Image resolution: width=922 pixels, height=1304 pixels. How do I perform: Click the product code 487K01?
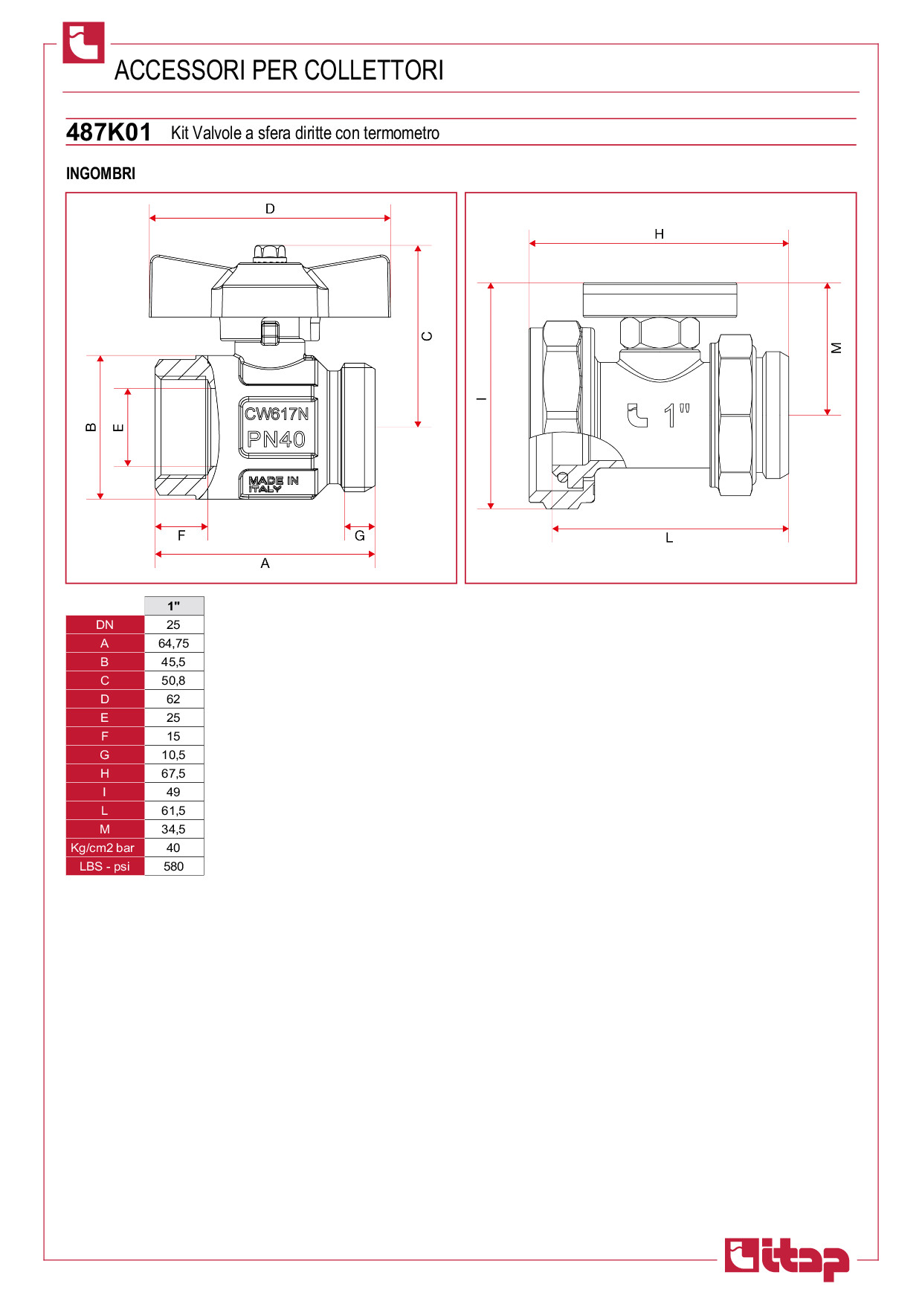[x=109, y=132]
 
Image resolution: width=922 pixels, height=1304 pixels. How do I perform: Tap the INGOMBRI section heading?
[x=100, y=173]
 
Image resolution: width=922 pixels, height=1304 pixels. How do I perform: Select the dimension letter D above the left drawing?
[x=270, y=209]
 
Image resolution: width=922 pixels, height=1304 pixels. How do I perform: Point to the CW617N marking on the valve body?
[x=277, y=414]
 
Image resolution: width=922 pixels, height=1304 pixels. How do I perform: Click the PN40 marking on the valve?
[x=277, y=439]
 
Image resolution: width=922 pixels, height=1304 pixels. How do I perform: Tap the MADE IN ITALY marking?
[x=273, y=484]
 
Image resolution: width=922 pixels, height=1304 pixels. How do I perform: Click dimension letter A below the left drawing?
[x=265, y=564]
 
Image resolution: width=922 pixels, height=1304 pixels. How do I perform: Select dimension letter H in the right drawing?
[x=659, y=234]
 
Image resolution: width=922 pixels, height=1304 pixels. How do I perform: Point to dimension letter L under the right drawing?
[x=669, y=538]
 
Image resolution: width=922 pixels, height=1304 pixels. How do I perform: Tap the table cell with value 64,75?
[x=173, y=643]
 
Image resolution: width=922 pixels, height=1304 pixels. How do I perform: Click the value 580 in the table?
[x=173, y=866]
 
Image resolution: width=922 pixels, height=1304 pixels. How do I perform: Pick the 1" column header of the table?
[x=173, y=606]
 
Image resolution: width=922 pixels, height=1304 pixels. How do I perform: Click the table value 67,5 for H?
[x=173, y=773]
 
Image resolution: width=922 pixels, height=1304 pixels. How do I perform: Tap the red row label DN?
[x=105, y=624]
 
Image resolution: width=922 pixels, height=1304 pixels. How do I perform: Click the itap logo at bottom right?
[x=787, y=1259]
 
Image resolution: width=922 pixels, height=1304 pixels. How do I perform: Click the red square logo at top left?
[x=83, y=42]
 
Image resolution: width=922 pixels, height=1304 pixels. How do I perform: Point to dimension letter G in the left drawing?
[x=360, y=536]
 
